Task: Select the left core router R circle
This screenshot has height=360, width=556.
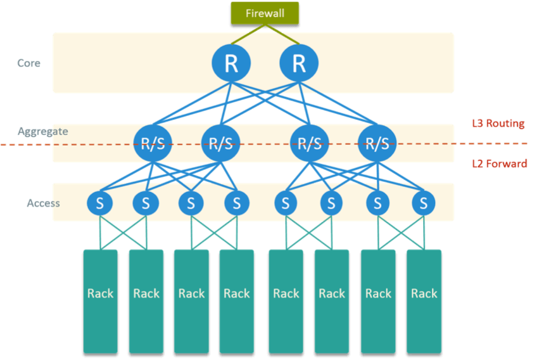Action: point(231,63)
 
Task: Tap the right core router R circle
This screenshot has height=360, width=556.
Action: point(299,63)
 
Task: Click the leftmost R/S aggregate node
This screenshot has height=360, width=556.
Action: point(153,143)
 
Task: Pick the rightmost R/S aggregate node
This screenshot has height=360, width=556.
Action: point(377,143)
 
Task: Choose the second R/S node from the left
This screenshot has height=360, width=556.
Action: point(220,143)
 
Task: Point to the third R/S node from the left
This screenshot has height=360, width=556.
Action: point(310,143)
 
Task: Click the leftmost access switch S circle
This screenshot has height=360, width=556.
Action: point(100,203)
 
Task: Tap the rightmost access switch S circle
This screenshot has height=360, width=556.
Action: point(423,203)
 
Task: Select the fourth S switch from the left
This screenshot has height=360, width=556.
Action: point(237,203)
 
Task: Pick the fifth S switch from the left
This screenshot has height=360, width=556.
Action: point(286,203)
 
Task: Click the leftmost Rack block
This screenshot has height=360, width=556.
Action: point(101,300)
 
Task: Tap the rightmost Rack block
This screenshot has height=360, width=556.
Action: point(424,300)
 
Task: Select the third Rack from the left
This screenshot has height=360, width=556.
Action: point(191,300)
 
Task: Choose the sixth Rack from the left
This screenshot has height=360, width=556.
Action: point(331,300)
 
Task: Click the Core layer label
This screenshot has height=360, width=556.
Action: point(28,63)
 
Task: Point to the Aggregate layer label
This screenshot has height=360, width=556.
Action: point(42,131)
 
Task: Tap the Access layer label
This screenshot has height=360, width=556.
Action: point(43,203)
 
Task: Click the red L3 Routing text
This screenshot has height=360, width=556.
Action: point(498,124)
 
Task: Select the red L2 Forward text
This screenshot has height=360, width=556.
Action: point(500,164)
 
